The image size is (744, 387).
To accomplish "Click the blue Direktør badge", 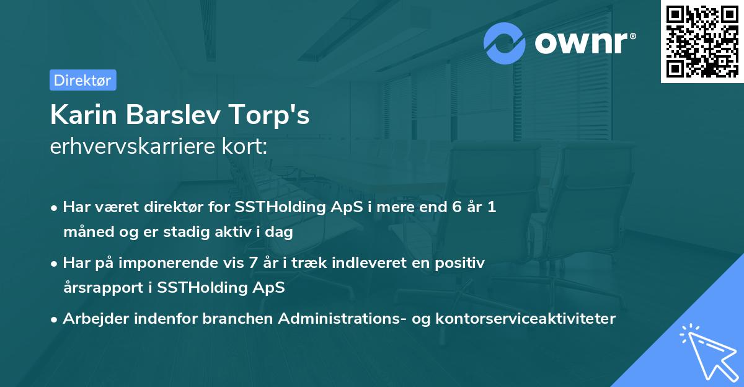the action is pos(83,80).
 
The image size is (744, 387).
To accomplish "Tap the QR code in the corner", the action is pos(702,42).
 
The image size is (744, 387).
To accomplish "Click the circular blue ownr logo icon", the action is pos(504,43).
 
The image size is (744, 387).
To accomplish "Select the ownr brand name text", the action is pos(582,43).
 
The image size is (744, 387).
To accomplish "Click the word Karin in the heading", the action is pos(83,115).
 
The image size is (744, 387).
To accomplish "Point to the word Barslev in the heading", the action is pos(173,115).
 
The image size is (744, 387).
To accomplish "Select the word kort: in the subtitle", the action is pos(245,146).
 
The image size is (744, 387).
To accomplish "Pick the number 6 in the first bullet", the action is pos(457,207).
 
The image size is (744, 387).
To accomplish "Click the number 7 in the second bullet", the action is pos(253,263).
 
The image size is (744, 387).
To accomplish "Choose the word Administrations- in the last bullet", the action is pos(342,318).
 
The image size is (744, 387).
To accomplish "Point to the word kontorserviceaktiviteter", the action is pos(526,318).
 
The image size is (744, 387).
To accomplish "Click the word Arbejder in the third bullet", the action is pos(96,319).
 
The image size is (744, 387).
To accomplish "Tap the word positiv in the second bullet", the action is pos(459,264).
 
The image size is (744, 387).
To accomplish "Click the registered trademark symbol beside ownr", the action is pos(632,36).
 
